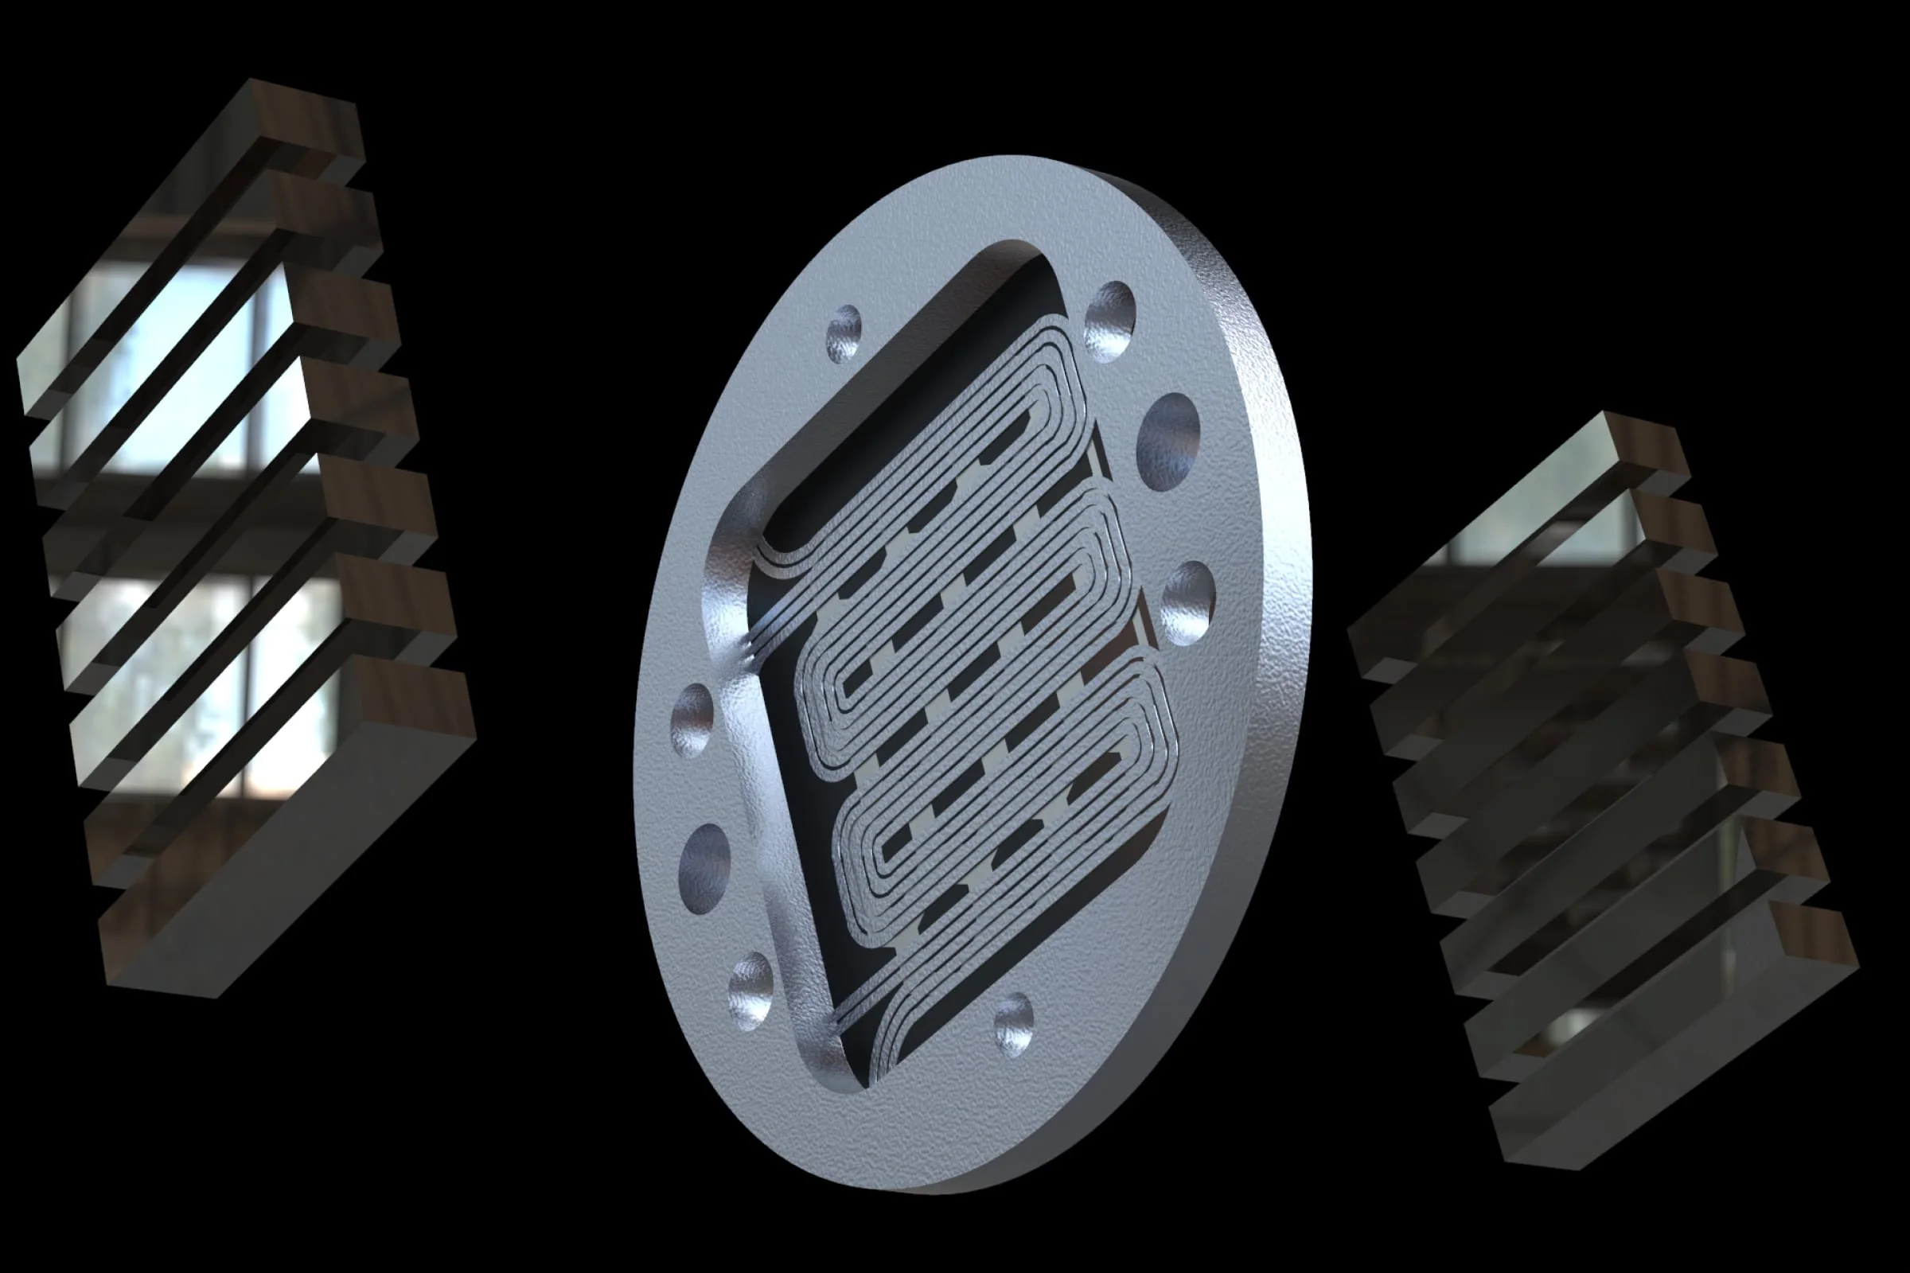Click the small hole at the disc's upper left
pyautogui.click(x=844, y=333)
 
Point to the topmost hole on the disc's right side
pyautogui.click(x=1109, y=321)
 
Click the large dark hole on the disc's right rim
pyautogui.click(x=1167, y=442)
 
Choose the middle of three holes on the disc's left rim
pyautogui.click(x=704, y=868)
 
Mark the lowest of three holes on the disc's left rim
pyautogui.click(x=750, y=991)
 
